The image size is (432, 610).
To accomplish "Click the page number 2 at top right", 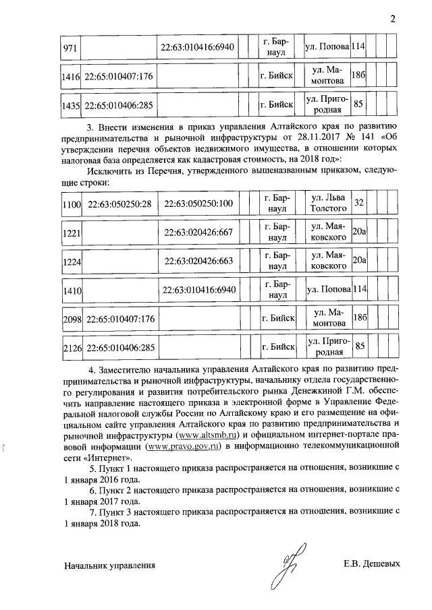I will pos(393,18).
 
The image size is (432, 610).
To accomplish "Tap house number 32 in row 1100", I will pos(359,203).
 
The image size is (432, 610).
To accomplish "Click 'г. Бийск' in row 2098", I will pos(277,319).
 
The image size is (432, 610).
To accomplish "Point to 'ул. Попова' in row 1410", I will pos(327,290).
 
